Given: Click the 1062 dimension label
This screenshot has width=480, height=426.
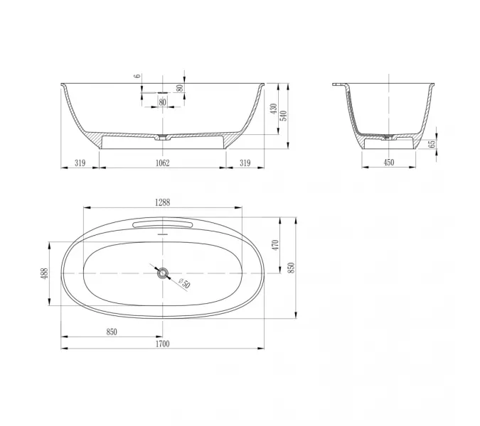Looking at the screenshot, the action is [162, 163].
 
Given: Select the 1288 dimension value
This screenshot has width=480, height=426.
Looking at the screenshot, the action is [162, 202].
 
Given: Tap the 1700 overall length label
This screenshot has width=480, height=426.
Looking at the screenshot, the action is [162, 344].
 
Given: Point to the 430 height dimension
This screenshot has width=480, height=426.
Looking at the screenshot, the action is [274, 109].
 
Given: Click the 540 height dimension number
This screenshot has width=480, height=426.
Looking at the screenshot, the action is [284, 116].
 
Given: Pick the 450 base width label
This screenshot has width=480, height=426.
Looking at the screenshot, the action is [389, 163].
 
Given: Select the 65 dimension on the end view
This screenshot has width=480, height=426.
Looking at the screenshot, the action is [432, 144].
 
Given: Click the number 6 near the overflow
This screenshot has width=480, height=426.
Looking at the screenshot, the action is [138, 76].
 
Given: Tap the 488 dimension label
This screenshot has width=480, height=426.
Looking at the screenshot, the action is [45, 273].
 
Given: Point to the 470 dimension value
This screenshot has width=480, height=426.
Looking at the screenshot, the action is [275, 246].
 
